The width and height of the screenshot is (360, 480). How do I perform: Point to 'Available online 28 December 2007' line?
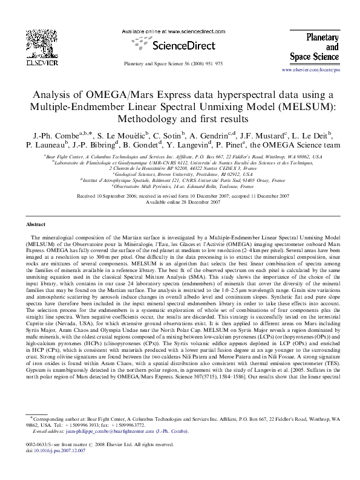pyautogui.click(x=180, y=202)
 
